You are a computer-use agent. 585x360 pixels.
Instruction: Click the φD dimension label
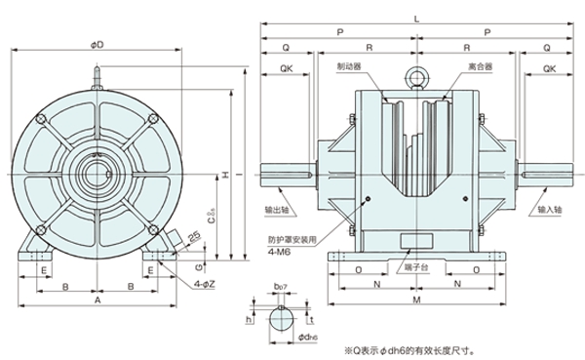97,44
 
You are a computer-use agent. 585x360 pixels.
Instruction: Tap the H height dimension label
225,176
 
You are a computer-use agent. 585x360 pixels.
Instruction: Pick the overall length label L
417,20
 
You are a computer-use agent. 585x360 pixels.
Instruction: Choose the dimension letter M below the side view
417,303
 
